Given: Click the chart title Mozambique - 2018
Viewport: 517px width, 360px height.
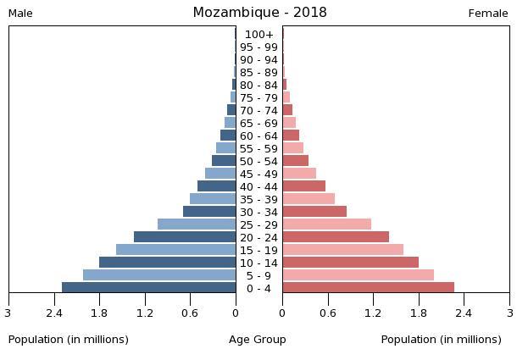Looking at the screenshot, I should [x=259, y=13].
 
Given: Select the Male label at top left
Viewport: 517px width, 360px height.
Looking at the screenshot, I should [x=20, y=14].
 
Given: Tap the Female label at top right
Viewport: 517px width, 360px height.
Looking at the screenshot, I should [x=488, y=14].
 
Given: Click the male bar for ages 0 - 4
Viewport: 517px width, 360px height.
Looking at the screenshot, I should [x=149, y=288].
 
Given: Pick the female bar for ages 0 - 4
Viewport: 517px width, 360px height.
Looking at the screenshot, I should [x=368, y=288].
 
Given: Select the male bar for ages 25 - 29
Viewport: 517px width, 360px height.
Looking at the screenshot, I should [x=197, y=224].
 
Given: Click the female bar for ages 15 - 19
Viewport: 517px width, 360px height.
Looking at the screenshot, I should [x=342, y=250].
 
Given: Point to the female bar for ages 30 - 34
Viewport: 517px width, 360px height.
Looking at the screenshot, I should [x=314, y=212].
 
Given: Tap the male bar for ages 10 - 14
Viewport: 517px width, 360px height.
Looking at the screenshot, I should [x=168, y=263].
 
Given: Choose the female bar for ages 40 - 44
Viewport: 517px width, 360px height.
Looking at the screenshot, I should [x=303, y=186].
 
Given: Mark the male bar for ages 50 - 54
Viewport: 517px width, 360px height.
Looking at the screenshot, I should [x=224, y=161].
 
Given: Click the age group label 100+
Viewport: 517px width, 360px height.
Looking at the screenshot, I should [x=258, y=35].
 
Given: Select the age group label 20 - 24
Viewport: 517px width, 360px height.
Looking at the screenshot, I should [x=258, y=238].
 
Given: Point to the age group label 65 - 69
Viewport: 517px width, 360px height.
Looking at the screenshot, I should [x=258, y=124].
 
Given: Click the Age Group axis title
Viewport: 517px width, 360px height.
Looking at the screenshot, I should [x=258, y=340].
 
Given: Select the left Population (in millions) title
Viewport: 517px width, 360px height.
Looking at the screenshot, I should [x=69, y=340].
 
